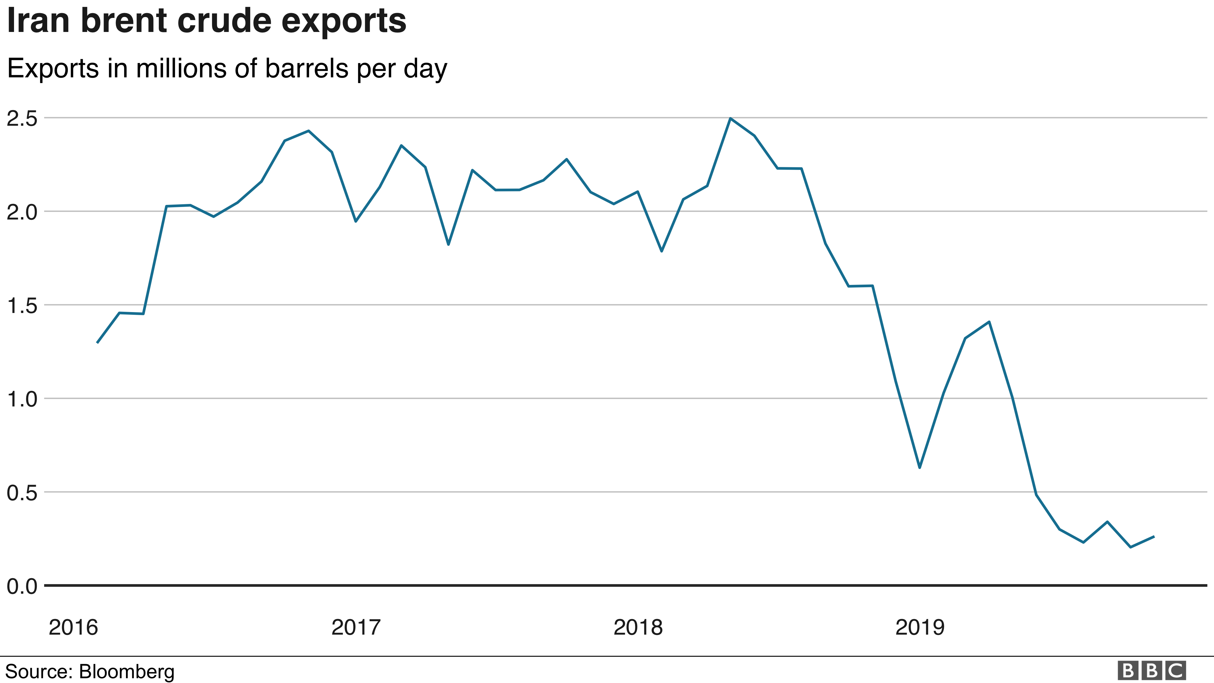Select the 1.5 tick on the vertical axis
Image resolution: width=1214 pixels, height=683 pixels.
click(22, 306)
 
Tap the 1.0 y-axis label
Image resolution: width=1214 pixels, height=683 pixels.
click(22, 399)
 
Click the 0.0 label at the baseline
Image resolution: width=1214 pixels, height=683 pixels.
click(22, 586)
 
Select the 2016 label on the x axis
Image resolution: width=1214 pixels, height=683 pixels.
click(73, 627)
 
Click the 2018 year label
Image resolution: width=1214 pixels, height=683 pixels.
click(638, 627)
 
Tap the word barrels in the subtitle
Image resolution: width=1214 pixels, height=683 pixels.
click(307, 68)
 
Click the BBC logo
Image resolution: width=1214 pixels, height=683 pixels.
click(1151, 670)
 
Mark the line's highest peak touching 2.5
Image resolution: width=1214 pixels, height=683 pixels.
click(730, 118)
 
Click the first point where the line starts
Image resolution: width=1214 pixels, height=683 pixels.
click(97, 343)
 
